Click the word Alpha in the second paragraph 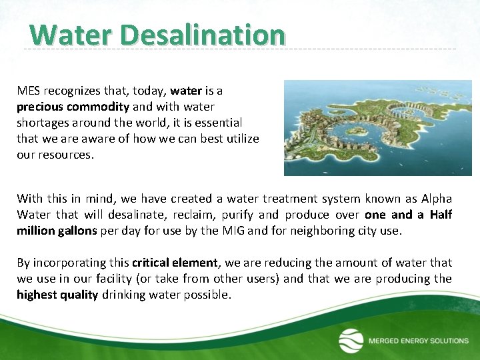(x=436, y=199)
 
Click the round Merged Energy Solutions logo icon (x=351, y=341)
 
